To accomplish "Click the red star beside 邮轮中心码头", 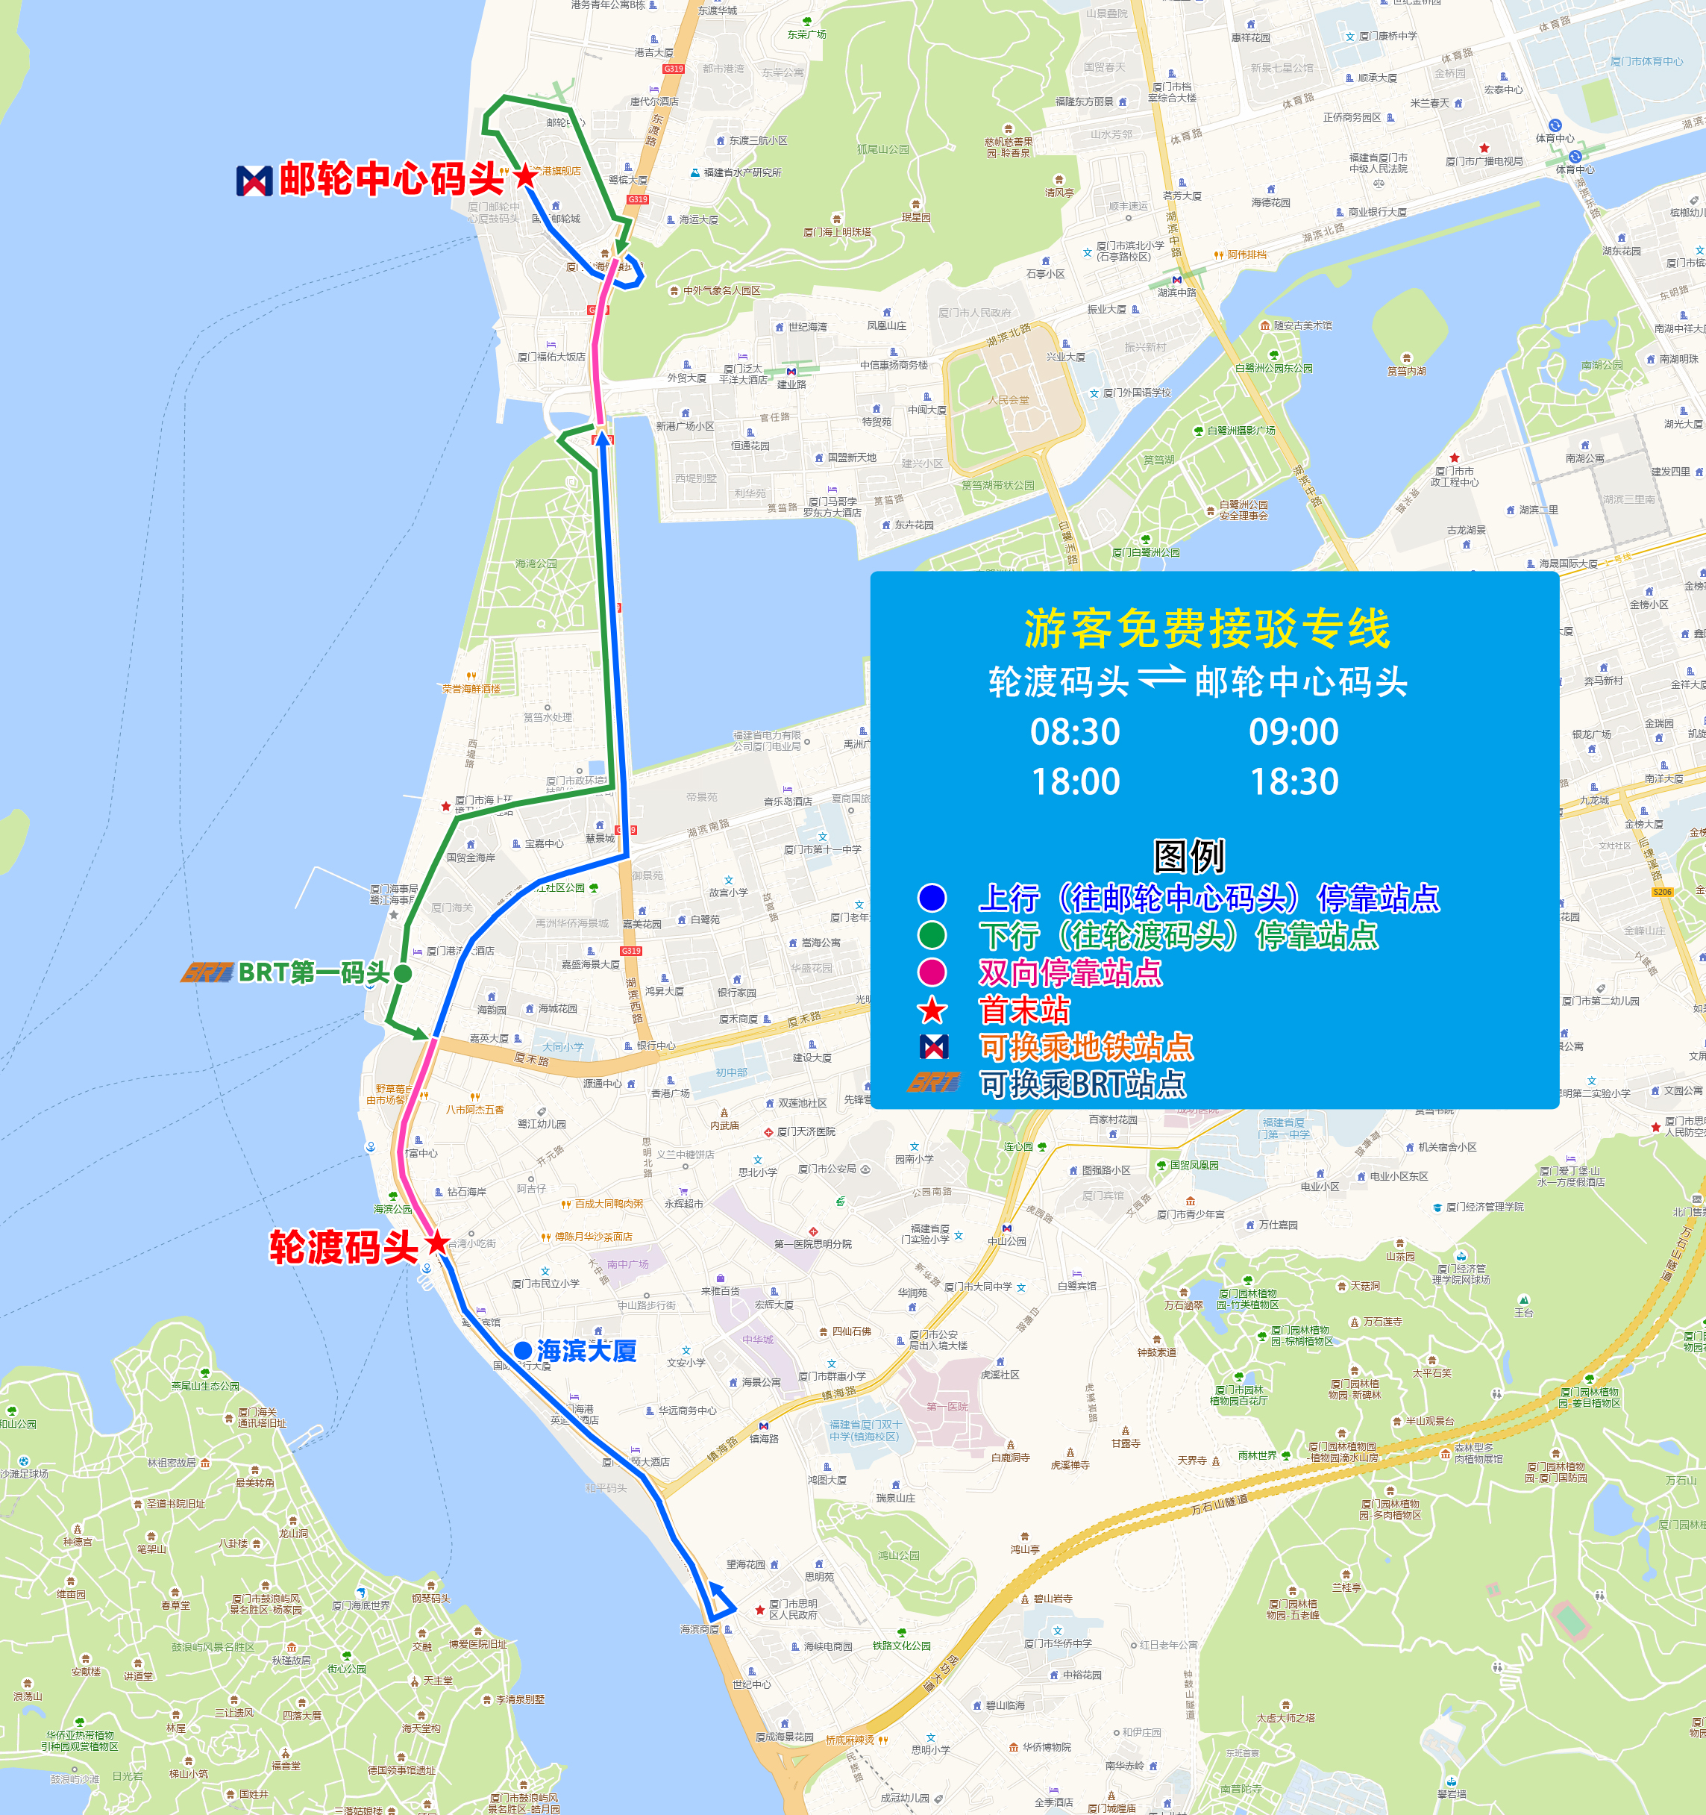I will (x=526, y=176).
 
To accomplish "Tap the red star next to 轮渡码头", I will (x=438, y=1242).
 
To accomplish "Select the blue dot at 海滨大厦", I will (x=523, y=1350).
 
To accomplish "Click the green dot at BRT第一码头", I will (x=403, y=973).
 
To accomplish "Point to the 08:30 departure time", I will (x=1074, y=732).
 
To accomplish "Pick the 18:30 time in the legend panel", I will (x=1293, y=781).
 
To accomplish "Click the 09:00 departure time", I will (x=1293, y=732).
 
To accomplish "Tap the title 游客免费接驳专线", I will (x=1207, y=628).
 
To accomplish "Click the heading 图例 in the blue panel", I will (x=1188, y=856).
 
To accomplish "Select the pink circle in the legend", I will (x=932, y=972).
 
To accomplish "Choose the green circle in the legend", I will (x=932, y=935).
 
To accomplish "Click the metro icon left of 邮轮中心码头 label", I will (x=254, y=180).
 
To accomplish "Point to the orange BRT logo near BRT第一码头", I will (x=207, y=972).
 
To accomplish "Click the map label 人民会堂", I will (x=1008, y=400).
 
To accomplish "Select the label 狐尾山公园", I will (x=882, y=149).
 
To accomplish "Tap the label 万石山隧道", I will (x=1219, y=1504).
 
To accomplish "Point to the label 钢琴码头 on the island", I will (x=431, y=1598).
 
